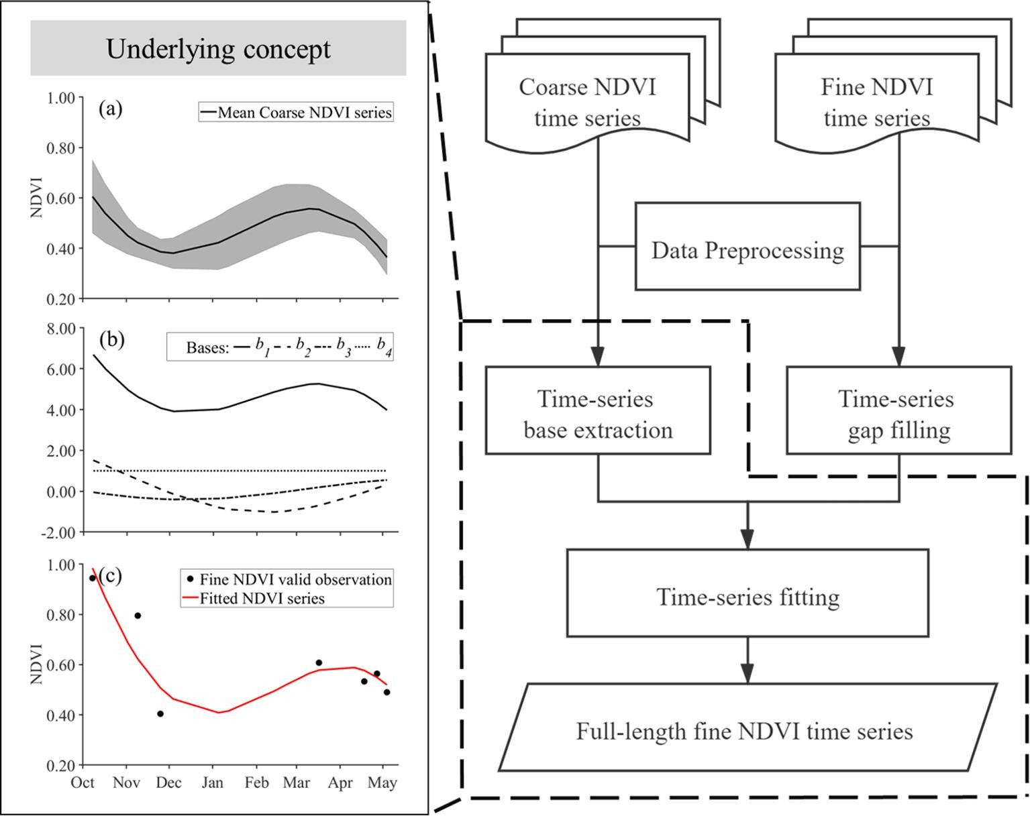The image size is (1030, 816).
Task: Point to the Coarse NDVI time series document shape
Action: [588, 102]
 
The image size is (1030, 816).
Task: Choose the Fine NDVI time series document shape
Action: [876, 102]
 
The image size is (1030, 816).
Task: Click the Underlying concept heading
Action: [218, 48]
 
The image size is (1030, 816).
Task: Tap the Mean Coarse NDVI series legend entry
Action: [296, 112]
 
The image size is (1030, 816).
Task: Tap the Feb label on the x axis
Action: [256, 783]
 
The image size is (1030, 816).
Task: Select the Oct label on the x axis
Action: [83, 783]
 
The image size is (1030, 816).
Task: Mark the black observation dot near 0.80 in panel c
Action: [138, 616]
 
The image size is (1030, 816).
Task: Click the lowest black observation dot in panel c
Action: [160, 714]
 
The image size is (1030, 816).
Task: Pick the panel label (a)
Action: [110, 109]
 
